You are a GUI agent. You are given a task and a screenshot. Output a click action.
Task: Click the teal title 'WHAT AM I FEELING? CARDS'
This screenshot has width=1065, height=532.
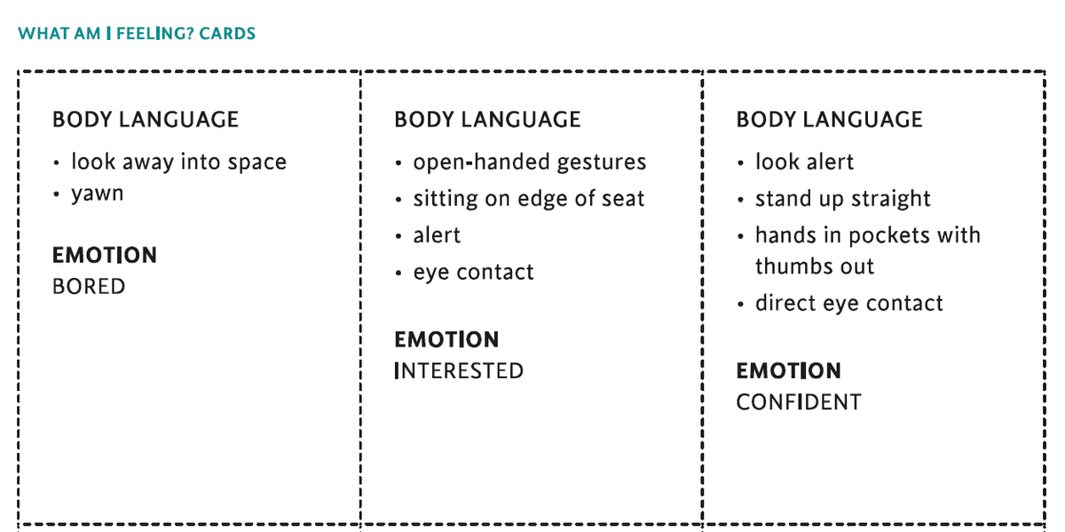tap(137, 34)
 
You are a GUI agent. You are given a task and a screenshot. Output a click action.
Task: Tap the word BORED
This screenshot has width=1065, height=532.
tap(89, 287)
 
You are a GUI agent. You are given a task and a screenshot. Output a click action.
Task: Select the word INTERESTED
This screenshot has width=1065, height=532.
tap(459, 370)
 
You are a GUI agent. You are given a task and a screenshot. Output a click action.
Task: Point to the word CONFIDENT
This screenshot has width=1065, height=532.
tap(799, 402)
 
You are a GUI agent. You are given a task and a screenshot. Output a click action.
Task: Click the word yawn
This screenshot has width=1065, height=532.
tap(98, 195)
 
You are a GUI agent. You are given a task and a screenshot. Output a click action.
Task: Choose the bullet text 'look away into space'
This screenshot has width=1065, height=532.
tap(178, 162)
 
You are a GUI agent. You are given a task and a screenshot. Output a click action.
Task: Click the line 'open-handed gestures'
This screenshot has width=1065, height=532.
tap(530, 163)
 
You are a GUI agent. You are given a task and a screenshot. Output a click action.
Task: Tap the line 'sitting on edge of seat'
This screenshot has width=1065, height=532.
tap(529, 198)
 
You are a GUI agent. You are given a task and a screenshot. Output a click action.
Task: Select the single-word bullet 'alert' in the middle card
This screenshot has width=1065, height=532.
tap(437, 235)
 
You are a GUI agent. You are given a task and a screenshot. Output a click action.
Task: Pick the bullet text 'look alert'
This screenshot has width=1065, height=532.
tap(805, 162)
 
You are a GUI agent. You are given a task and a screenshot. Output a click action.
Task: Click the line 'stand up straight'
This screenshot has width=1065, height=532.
tap(843, 198)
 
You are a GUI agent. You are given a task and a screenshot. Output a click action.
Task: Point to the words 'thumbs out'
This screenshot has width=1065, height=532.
tap(815, 266)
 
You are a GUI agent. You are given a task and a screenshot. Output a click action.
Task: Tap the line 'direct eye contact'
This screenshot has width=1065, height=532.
tap(849, 303)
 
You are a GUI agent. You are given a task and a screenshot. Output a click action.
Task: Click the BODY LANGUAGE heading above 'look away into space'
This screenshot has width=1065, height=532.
tap(146, 119)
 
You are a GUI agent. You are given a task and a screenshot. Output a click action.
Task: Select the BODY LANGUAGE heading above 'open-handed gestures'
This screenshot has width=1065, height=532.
tap(487, 119)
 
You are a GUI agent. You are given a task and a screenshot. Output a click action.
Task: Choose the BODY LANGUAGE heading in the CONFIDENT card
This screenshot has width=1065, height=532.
tap(830, 119)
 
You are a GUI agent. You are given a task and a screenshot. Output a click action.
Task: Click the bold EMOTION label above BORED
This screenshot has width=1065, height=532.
tap(105, 255)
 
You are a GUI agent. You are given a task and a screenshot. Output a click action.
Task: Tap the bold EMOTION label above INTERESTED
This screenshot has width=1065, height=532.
tap(446, 340)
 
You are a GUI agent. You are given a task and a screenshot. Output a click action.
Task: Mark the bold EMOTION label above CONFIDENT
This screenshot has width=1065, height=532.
tap(789, 370)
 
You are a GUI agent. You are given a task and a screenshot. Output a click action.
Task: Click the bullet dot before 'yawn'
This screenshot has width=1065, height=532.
tap(57, 195)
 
